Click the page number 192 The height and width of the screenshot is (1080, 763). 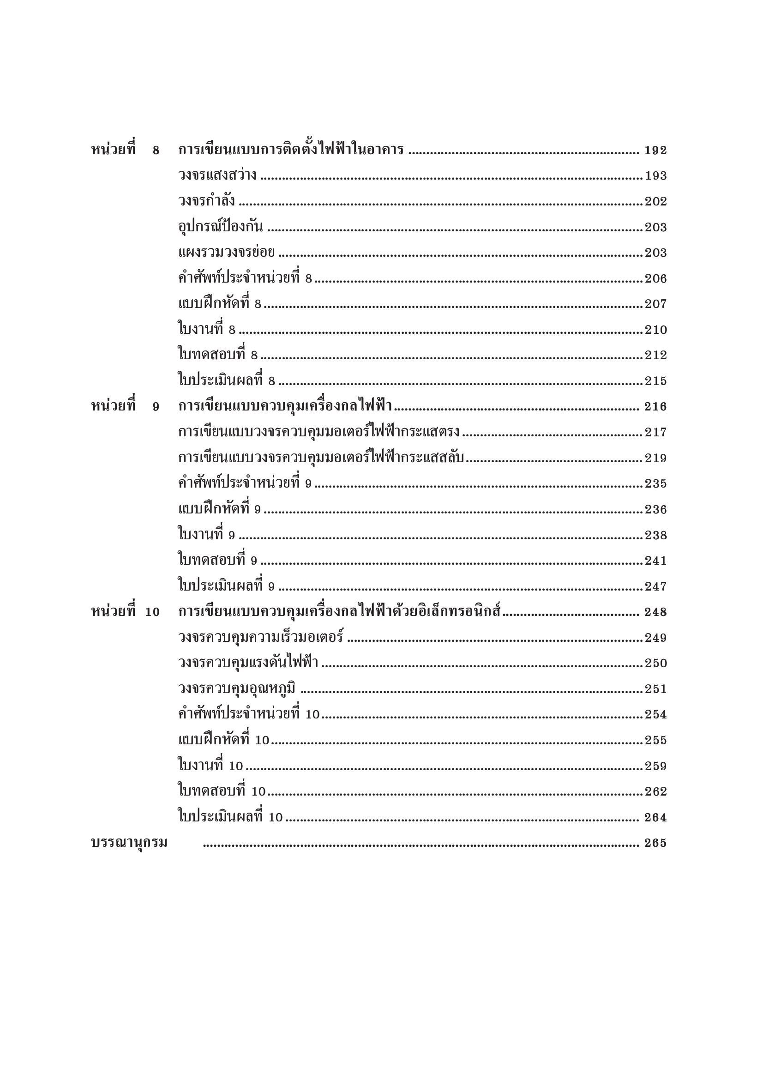(x=655, y=151)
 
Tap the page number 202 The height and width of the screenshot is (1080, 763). (x=655, y=202)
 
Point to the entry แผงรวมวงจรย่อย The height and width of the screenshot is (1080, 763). (x=226, y=253)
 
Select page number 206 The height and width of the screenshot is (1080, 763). (x=655, y=279)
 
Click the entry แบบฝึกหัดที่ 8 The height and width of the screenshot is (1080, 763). (x=220, y=304)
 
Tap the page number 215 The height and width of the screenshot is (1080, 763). (x=655, y=381)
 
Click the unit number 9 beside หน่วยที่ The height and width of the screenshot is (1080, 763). (x=156, y=407)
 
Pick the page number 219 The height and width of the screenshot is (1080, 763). (x=655, y=458)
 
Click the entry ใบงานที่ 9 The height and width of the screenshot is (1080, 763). (x=206, y=535)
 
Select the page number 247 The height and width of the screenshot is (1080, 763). (x=655, y=586)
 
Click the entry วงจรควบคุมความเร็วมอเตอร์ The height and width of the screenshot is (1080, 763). (x=261, y=638)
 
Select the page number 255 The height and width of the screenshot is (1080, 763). (x=655, y=741)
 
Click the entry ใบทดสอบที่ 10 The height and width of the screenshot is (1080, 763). (x=222, y=792)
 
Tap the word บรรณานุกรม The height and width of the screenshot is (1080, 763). (x=129, y=844)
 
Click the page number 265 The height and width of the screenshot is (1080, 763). (x=655, y=844)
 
